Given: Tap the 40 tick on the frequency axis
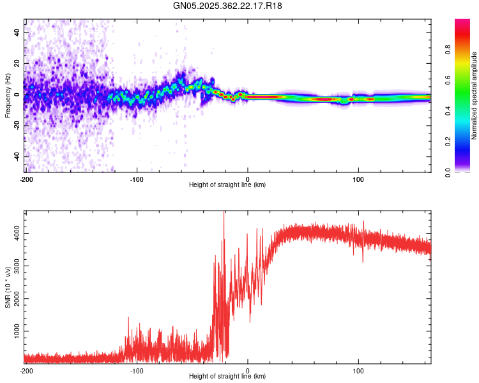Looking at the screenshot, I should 17,32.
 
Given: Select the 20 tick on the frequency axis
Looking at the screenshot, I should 17,63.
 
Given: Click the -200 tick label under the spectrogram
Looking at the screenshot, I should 26,179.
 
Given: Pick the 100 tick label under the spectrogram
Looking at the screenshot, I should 358,179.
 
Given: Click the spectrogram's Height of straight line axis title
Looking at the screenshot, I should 227,185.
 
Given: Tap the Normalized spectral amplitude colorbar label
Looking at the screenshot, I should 475,96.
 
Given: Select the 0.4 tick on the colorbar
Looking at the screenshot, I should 466,111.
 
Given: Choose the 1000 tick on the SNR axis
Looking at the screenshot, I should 13,331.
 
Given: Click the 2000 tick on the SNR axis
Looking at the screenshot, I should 13,299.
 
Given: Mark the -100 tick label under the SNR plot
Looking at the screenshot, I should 137,370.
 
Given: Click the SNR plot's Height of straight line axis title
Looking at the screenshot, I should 227,377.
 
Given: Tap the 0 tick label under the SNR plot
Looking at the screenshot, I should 248,370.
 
